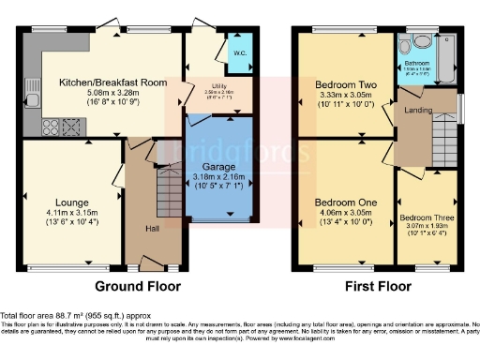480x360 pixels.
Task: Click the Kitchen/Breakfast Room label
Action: coord(112,82)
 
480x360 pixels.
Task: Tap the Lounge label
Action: coord(71,202)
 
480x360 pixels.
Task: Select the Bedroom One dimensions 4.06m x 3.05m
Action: coord(345,213)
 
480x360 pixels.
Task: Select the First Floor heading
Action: coord(378,287)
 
